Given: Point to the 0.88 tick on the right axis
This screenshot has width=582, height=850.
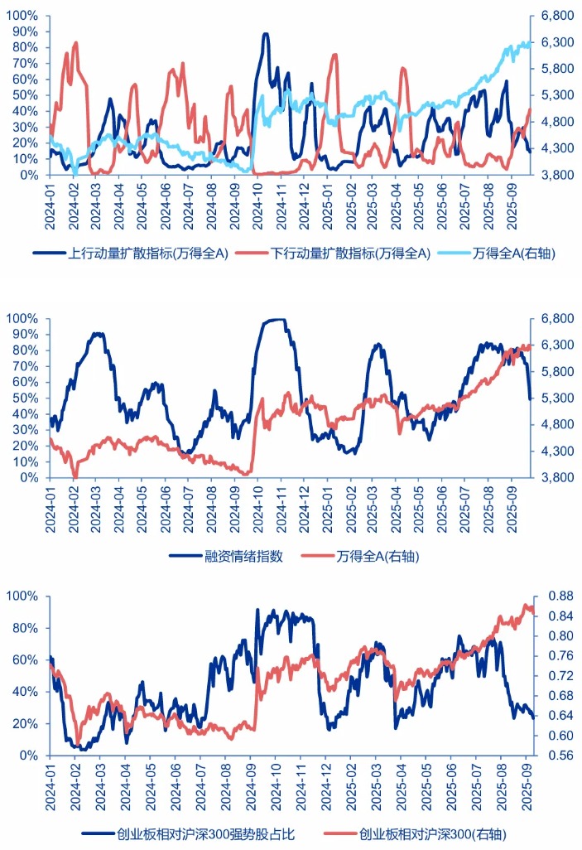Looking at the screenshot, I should (x=561, y=596).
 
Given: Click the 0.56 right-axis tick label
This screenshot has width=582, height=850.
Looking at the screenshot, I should (x=561, y=756).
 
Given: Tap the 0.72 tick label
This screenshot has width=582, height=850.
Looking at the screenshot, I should (x=561, y=676).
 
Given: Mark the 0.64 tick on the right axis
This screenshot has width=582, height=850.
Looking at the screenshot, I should (x=561, y=716).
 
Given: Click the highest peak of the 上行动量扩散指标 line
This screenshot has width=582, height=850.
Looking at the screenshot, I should (x=265, y=35).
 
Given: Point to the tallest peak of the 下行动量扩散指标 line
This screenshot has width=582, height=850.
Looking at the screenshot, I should (x=75, y=42).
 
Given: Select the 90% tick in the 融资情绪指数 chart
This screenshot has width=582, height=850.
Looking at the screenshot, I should (x=22, y=335).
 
